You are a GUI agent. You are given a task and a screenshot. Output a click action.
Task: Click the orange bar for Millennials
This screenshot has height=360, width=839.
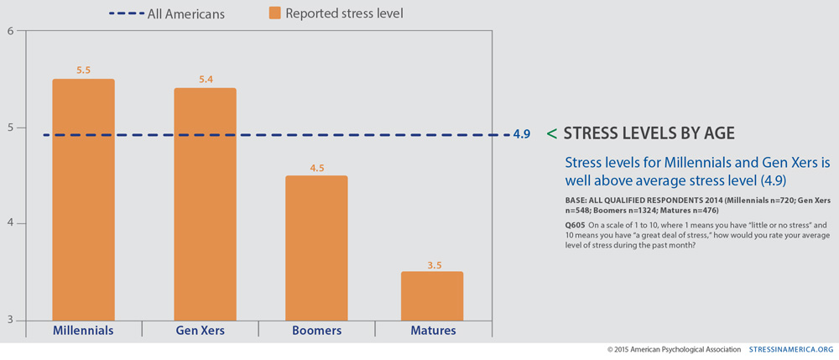pos(83,200)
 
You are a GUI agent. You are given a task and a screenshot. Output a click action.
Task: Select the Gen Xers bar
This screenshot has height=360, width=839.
pos(205,204)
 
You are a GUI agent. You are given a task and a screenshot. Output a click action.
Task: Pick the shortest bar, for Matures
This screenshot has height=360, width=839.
pos(431,295)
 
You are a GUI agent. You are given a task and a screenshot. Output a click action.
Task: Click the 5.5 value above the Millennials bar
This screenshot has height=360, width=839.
pos(83,71)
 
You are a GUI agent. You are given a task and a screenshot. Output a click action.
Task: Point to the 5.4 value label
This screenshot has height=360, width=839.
pos(205,80)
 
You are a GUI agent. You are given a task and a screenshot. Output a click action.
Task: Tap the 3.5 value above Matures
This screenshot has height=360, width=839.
pos(431,263)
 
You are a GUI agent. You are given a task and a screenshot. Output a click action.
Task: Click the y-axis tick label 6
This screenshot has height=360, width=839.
pos(11,32)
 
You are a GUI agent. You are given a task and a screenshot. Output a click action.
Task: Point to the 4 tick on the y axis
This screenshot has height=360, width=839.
pos(11,224)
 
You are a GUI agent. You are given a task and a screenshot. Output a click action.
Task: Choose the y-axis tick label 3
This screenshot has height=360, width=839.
pos(11,320)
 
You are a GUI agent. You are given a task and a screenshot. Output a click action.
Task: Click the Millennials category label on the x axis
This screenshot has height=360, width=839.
pos(83,331)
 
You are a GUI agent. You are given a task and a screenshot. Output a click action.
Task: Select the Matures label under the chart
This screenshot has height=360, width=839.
pos(433,331)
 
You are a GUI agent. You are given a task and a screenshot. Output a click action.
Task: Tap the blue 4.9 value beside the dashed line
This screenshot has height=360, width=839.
pos(521,134)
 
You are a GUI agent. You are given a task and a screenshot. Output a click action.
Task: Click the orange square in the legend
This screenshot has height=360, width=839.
pos(274,13)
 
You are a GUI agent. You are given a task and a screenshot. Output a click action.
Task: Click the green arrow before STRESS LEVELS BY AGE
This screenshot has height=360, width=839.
pos(551,133)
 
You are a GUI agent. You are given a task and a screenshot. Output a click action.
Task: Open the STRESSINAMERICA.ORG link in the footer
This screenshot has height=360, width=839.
pos(791,349)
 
